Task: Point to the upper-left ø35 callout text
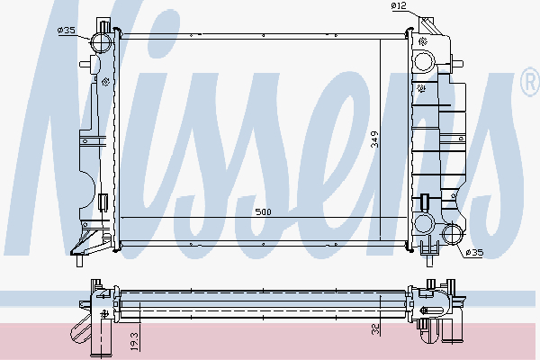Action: pos(66,31)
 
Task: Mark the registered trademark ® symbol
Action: pos(529,85)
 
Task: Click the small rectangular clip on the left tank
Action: pos(104,202)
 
